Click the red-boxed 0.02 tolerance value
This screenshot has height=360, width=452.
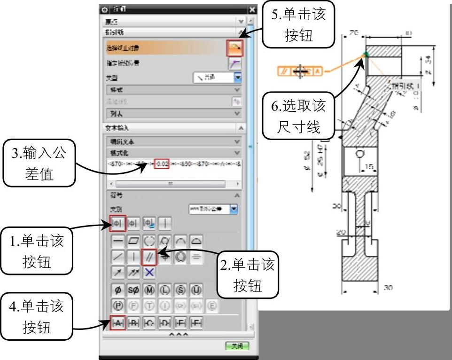[161, 164]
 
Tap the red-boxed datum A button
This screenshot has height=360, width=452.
[117, 323]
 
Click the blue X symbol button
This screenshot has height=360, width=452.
[149, 272]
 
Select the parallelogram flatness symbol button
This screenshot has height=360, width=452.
[133, 242]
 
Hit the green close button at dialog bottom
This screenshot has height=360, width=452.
[237, 346]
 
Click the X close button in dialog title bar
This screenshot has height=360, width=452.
[253, 9]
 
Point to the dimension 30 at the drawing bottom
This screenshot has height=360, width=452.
[388, 288]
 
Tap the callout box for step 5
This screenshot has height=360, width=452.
[294, 24]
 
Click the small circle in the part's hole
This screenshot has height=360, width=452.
[360, 154]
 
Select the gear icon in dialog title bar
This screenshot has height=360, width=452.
[105, 9]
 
